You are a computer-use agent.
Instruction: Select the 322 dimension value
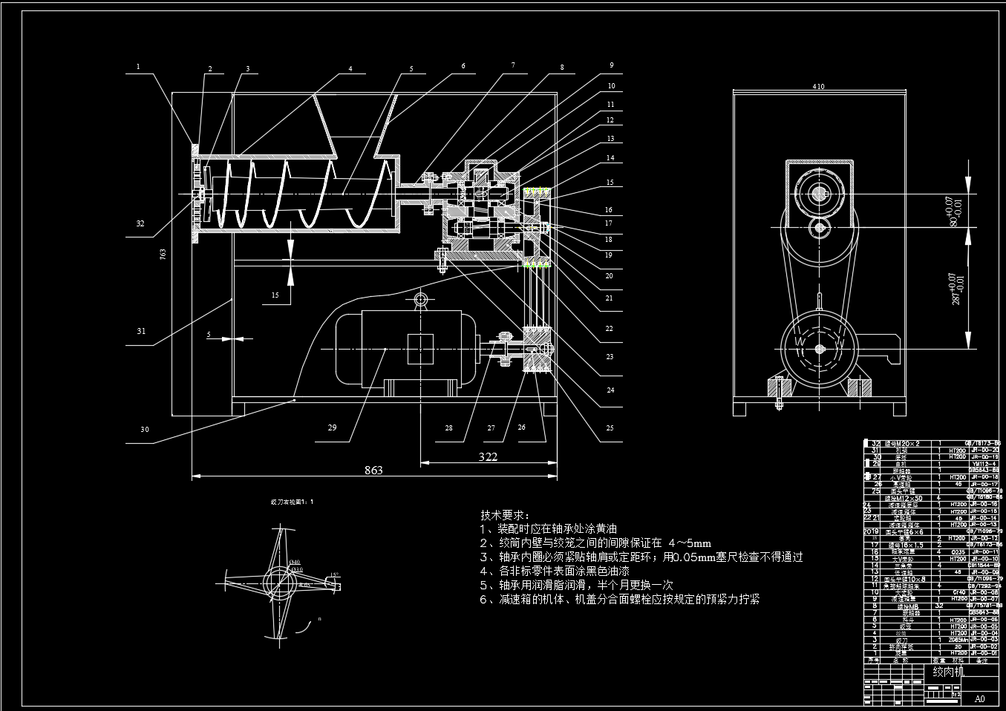click(x=488, y=456)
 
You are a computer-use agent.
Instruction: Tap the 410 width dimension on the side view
click(x=818, y=86)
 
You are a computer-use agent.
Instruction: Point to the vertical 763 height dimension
click(x=163, y=254)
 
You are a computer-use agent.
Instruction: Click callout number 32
click(x=140, y=223)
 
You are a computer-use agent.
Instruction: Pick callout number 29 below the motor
click(x=332, y=427)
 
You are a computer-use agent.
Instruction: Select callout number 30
click(x=144, y=429)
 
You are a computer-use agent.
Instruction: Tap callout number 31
click(x=141, y=331)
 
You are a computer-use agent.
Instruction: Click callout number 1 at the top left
click(x=137, y=66)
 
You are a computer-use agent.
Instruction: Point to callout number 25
click(x=609, y=427)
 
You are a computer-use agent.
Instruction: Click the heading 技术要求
click(x=504, y=515)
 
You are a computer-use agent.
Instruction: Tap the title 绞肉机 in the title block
click(x=948, y=672)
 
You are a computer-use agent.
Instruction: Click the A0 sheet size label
click(x=980, y=698)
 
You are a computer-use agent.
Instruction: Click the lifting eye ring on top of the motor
click(x=420, y=300)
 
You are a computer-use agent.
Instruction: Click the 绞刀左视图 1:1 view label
click(x=292, y=502)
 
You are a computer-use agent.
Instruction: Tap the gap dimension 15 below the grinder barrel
click(x=275, y=295)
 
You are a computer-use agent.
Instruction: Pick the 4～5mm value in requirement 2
click(x=690, y=543)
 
